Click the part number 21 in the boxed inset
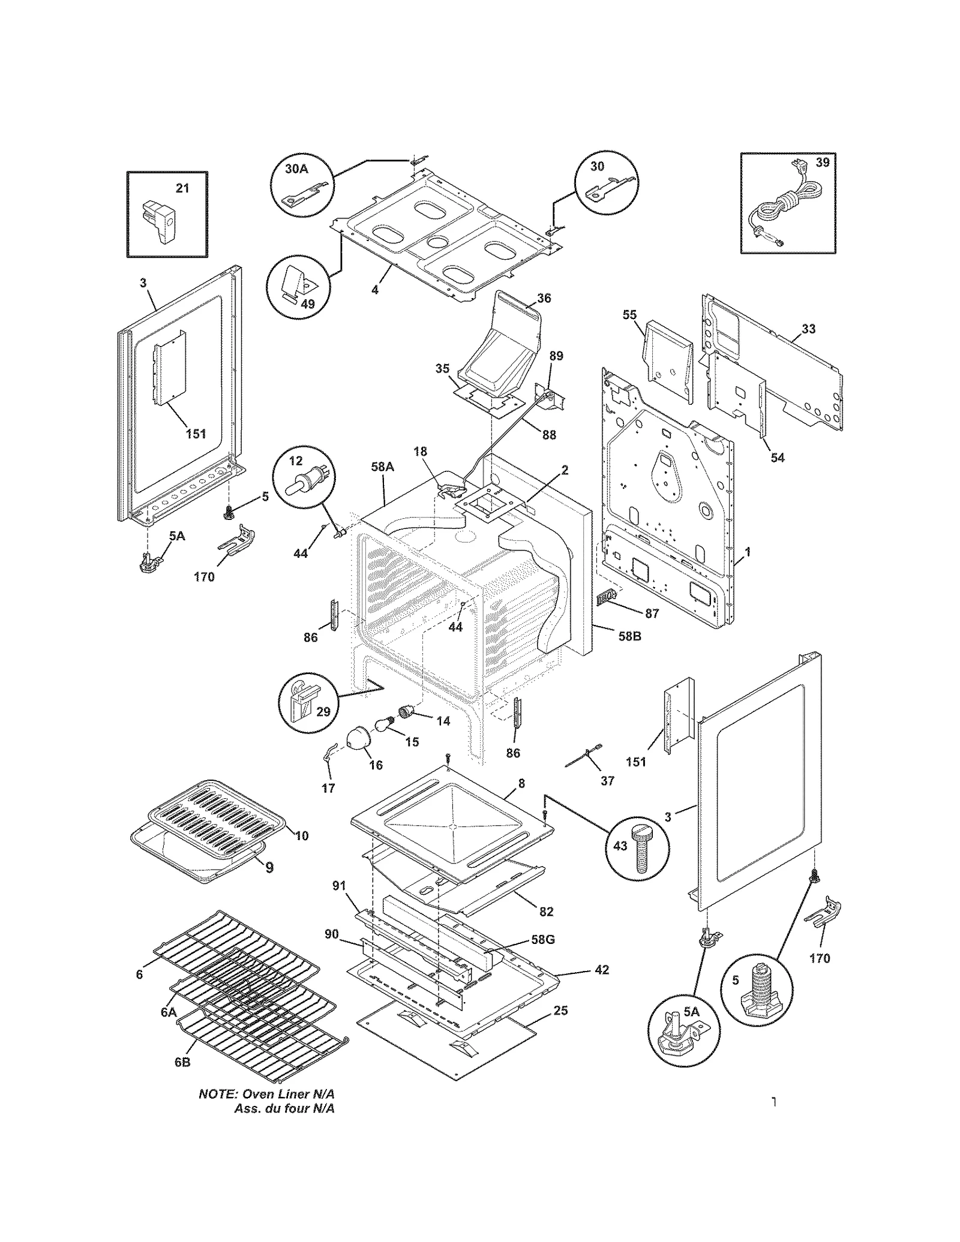click(182, 188)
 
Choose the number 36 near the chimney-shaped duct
click(544, 298)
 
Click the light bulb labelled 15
click(383, 725)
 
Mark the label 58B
click(629, 636)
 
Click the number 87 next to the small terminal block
click(652, 614)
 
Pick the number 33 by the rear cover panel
click(808, 329)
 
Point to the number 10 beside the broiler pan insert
click(301, 835)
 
